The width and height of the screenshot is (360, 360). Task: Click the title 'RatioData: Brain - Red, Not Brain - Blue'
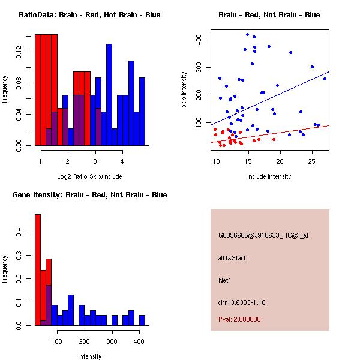tap(89, 14)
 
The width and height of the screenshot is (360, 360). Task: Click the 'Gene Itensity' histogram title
tap(89, 194)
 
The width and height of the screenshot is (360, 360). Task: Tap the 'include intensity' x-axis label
tap(269, 176)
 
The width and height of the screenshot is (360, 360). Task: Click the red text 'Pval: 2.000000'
tap(239, 319)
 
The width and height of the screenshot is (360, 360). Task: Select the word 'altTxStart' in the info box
tap(232, 258)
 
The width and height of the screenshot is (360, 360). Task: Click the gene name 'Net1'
tap(225, 280)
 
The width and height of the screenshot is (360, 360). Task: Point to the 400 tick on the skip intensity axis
tap(202, 40)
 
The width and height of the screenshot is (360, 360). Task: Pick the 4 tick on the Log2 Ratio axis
tap(122, 161)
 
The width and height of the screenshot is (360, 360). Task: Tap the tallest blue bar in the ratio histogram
tap(109, 95)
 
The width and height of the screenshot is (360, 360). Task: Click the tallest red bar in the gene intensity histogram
tap(38, 270)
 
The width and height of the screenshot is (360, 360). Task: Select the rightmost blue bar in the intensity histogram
tap(142, 320)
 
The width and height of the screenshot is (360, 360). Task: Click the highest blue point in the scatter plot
tap(247, 34)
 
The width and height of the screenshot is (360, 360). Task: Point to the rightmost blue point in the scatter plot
tap(325, 79)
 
